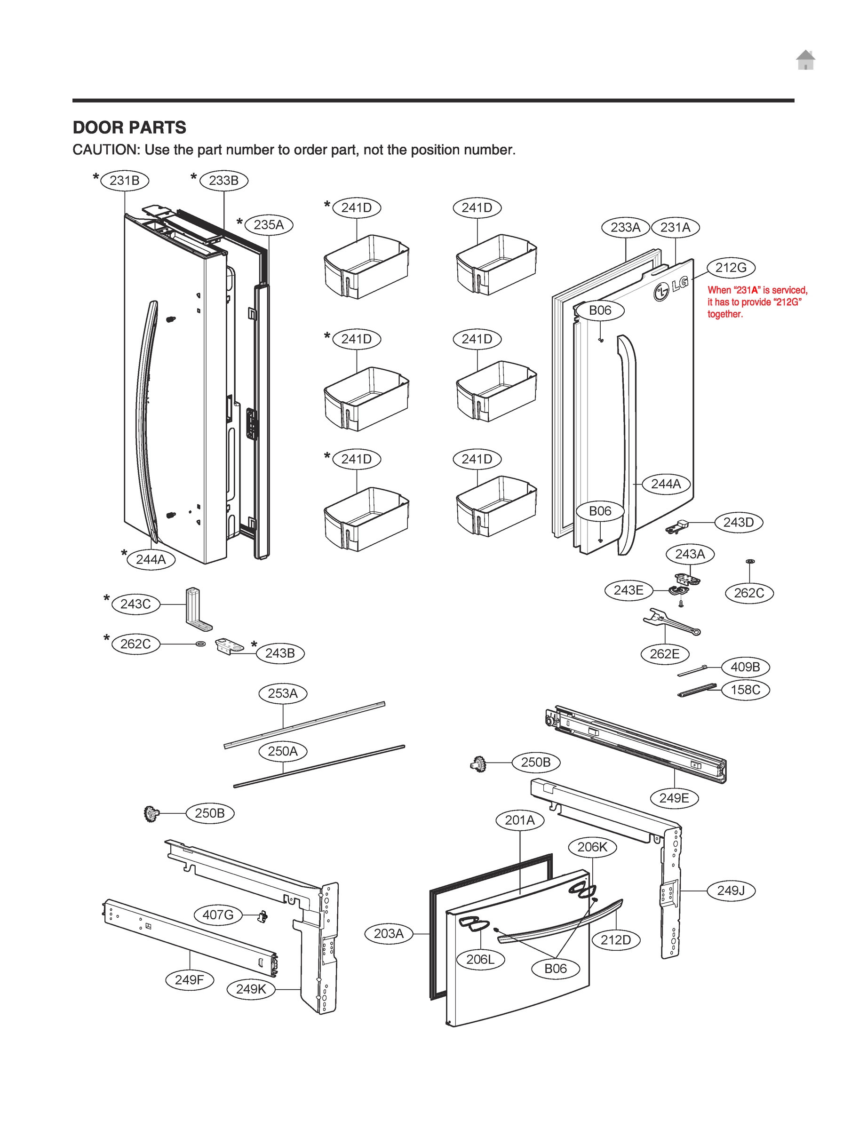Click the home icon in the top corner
805,60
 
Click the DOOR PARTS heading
129,127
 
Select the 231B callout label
124,181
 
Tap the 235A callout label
268,225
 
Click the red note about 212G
756,302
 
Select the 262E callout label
664,654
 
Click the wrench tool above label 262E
670,622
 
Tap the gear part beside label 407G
262,916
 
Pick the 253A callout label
282,693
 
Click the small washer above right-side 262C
750,561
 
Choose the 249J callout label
730,890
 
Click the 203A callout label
389,933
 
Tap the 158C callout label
745,690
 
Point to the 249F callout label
189,979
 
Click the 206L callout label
480,959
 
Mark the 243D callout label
738,523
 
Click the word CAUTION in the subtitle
106,150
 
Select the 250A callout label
282,751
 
